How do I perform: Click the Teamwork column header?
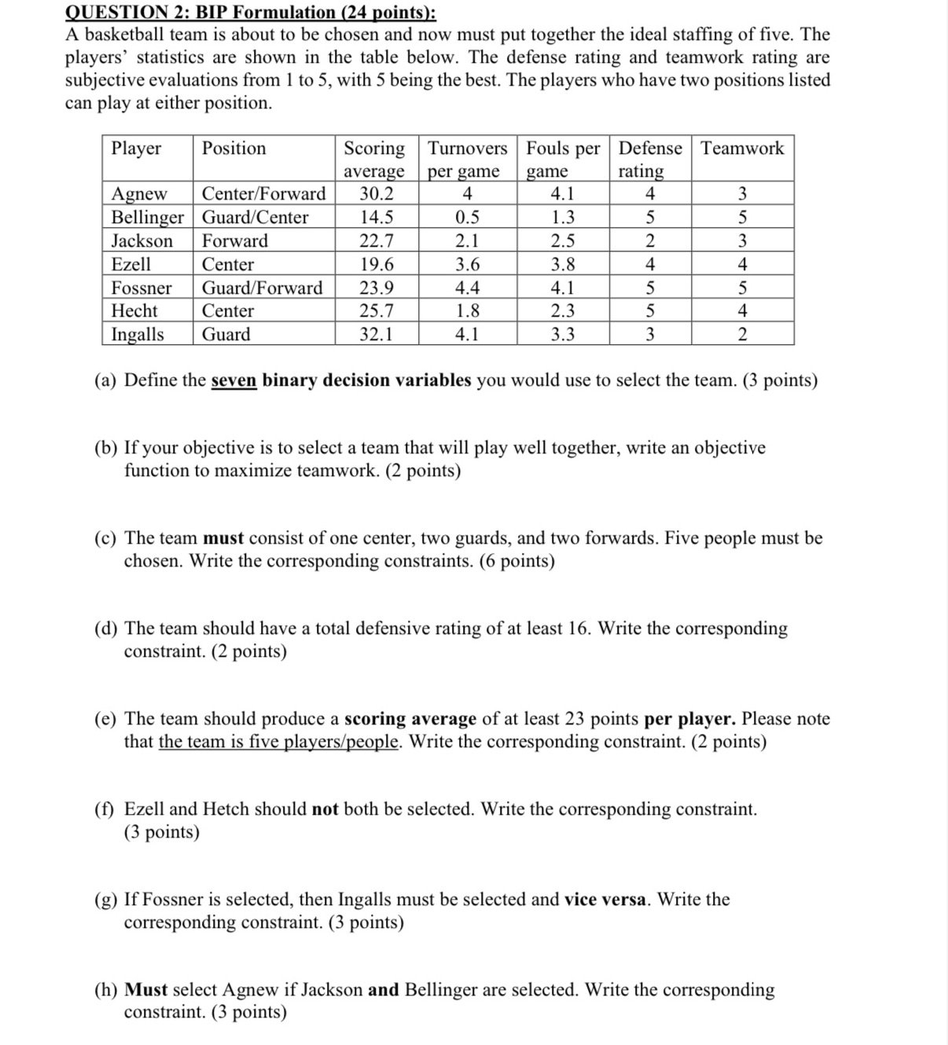pyautogui.click(x=742, y=148)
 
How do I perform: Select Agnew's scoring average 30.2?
pyautogui.click(x=377, y=194)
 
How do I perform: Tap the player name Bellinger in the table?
pyautogui.click(x=148, y=218)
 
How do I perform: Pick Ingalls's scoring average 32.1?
pyautogui.click(x=377, y=335)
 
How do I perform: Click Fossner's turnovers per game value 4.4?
pyautogui.click(x=467, y=288)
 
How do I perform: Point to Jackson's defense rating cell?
pyautogui.click(x=650, y=241)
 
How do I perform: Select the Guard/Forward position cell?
pyautogui.click(x=262, y=288)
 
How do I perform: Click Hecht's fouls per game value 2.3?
pyautogui.click(x=562, y=311)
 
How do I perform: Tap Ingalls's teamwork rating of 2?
pyautogui.click(x=742, y=335)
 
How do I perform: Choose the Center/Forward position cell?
pyautogui.click(x=263, y=194)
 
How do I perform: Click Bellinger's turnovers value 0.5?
pyautogui.click(x=467, y=218)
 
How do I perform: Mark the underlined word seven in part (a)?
pyautogui.click(x=233, y=381)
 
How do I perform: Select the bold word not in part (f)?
pyautogui.click(x=325, y=809)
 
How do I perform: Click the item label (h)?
pyautogui.click(x=107, y=990)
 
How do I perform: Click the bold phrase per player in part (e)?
pyautogui.click(x=689, y=719)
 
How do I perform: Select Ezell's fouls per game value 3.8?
pyautogui.click(x=562, y=265)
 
